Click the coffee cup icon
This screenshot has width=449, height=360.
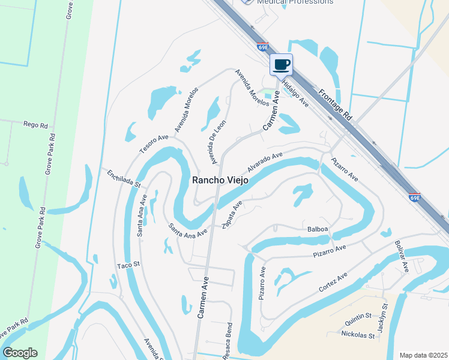(x=281, y=64)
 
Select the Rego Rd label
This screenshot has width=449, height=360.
(x=35, y=125)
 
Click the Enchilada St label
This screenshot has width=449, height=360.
(x=123, y=178)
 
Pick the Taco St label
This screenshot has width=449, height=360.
(x=128, y=265)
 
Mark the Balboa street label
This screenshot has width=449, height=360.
(x=318, y=229)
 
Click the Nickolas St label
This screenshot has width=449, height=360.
(x=358, y=334)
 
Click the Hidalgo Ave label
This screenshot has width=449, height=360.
(x=295, y=94)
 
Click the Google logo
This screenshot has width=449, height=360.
(x=20, y=353)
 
